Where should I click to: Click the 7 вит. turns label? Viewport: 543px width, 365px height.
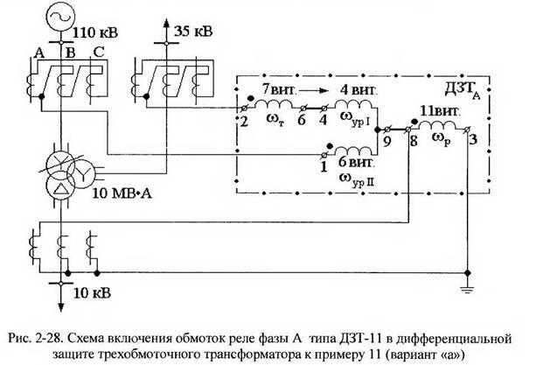(x=283, y=89)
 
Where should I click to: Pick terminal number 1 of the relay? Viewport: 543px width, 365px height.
(x=324, y=165)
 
